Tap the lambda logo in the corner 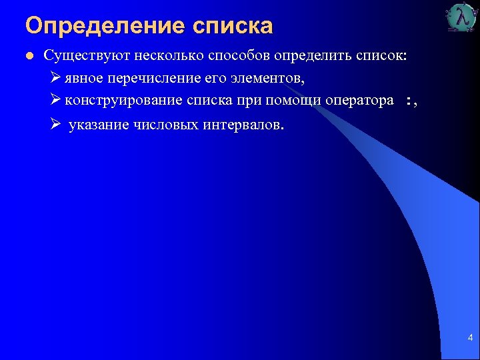[x=461, y=18]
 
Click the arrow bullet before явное [x=56, y=78]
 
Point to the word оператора [x=359, y=100]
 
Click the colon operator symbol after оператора [x=408, y=101]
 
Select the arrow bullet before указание [x=56, y=125]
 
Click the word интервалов [x=243, y=125]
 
